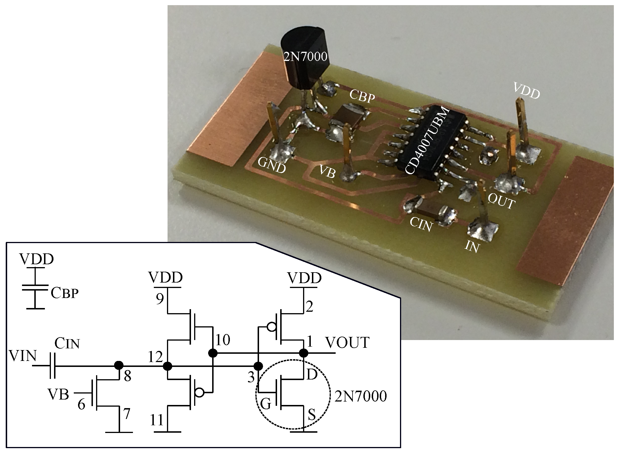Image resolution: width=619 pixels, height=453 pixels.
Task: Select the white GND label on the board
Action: [x=271, y=165]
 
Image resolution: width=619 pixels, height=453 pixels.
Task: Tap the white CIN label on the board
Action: [x=421, y=224]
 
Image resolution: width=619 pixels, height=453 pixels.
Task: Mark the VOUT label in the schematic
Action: [x=347, y=342]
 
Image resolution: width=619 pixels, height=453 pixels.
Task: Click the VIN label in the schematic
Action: [x=23, y=356]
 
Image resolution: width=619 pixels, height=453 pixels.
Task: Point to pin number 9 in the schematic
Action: [x=160, y=299]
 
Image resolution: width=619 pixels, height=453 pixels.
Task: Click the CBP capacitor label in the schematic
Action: [x=64, y=293]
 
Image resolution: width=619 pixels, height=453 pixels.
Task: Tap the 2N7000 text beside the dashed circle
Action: [x=360, y=396]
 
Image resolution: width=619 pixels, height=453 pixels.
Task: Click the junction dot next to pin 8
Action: [x=119, y=365]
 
